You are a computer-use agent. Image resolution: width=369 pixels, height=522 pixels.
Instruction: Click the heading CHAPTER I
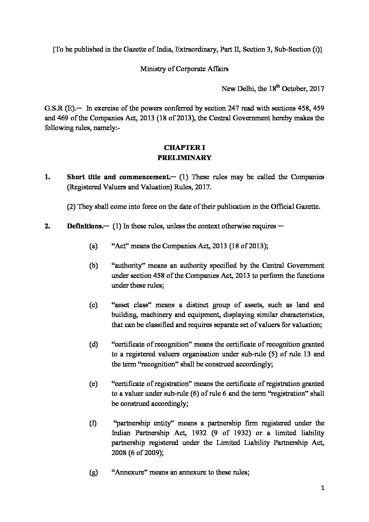pos(184,147)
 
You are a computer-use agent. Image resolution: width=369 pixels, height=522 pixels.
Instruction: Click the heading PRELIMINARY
pos(184,158)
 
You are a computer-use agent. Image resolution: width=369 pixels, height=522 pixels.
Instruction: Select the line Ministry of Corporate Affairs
pos(184,69)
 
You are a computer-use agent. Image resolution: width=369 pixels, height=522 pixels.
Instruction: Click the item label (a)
pos(93,246)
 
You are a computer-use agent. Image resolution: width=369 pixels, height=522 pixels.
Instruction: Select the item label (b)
pos(93,266)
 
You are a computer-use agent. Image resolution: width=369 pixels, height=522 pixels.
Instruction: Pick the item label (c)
pos(93,305)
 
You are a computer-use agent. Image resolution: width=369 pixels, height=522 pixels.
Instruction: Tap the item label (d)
pos(93,345)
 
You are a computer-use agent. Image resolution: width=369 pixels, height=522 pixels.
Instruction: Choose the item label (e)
pos(93,384)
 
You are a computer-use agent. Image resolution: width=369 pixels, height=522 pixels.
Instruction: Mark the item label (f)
pos(93,423)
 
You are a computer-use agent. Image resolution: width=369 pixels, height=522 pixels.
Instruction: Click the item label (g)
pos(93,472)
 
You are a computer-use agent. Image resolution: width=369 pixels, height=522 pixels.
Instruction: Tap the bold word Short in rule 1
pos(75,177)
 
